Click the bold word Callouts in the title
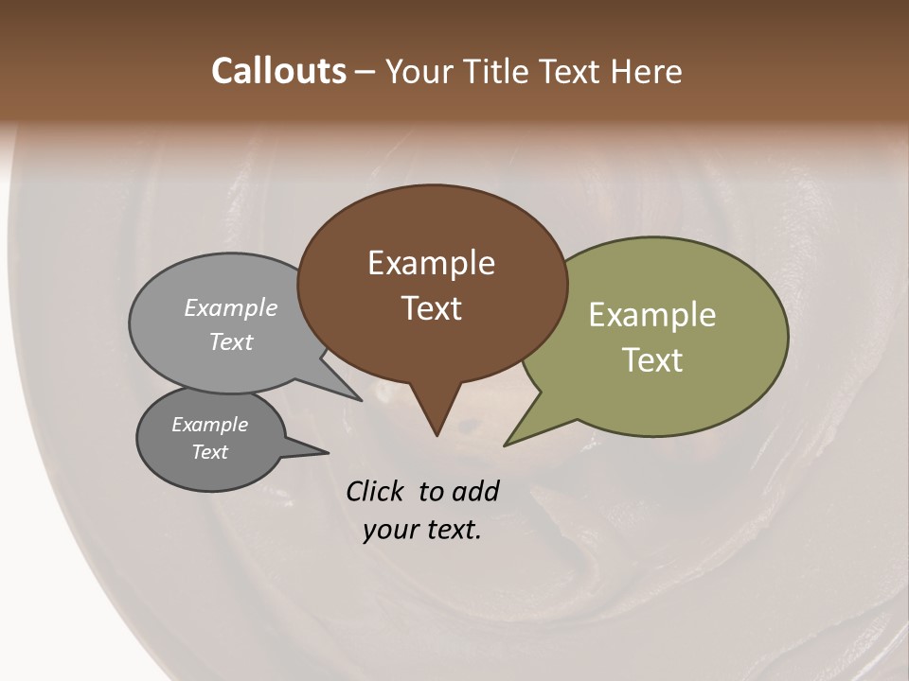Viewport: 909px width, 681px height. click(x=278, y=71)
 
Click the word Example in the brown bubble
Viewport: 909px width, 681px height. click(x=431, y=263)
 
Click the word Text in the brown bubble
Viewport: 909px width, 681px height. click(x=432, y=308)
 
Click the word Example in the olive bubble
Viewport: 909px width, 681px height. click(x=652, y=315)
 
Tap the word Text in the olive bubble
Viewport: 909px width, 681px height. click(x=652, y=360)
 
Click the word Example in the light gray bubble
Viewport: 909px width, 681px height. click(x=231, y=307)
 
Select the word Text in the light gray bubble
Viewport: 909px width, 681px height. click(x=231, y=341)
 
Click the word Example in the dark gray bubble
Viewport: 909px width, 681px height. click(x=210, y=425)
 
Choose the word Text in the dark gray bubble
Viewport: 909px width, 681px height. click(x=210, y=452)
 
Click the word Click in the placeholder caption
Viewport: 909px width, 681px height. click(x=376, y=491)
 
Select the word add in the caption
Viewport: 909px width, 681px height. click(x=476, y=491)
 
